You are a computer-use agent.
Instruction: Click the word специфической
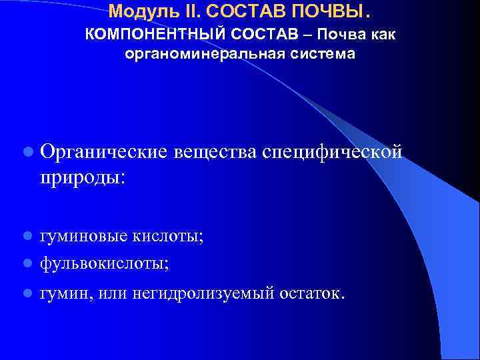(x=333, y=152)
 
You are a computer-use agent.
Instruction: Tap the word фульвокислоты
(x=104, y=263)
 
